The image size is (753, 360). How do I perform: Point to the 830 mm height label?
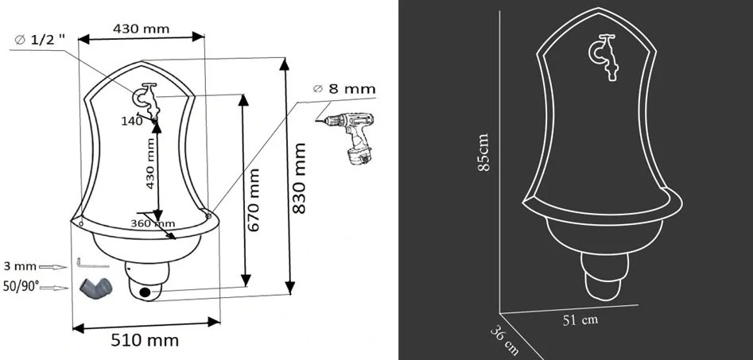(301, 179)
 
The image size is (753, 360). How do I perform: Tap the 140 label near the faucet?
(132, 121)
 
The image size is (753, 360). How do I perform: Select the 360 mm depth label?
(153, 223)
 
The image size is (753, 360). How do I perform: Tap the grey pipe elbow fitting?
(93, 288)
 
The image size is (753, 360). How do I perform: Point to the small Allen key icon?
(85, 262)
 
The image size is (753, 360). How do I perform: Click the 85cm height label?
(485, 153)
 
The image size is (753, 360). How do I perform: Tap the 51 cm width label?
(580, 320)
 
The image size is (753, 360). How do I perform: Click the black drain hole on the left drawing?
(145, 292)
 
